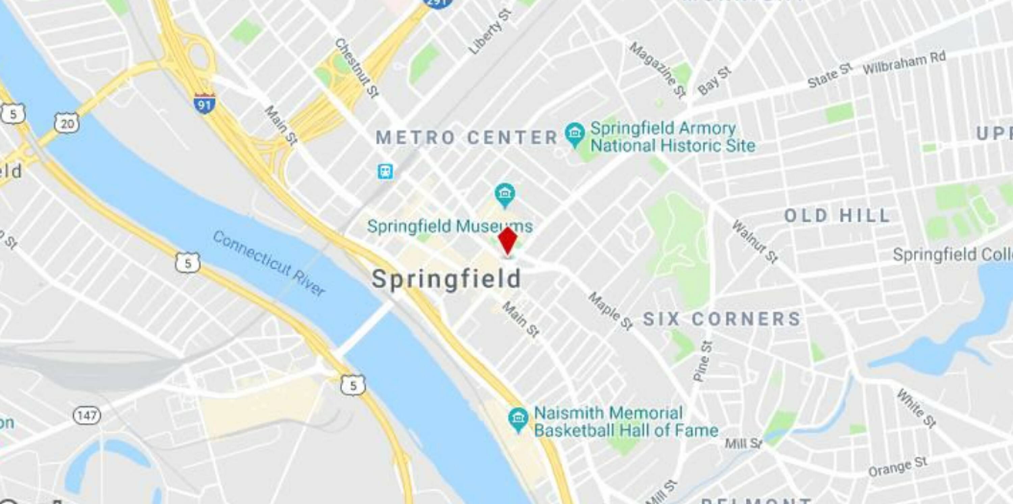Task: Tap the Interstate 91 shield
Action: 204,103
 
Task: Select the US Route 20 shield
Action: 67,124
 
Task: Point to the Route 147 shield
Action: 86,415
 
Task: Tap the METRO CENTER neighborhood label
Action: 467,138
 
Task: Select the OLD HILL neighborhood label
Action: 837,216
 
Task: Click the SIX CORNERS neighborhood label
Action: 722,319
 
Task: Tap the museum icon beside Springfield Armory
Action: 574,134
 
